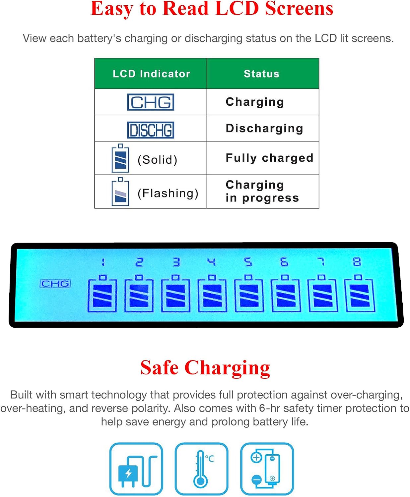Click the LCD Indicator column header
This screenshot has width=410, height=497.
coord(151,74)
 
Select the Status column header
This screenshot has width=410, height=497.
coord(261,74)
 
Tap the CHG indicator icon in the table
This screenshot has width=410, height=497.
coord(150,102)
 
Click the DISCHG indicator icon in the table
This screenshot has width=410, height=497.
coord(150,130)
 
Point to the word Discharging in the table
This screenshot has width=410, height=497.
coord(264,129)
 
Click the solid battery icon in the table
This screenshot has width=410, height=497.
coord(120,158)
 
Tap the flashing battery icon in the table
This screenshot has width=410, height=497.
coord(120,192)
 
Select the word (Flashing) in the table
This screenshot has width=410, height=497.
coord(168,193)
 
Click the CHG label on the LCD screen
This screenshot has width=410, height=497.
coord(55,284)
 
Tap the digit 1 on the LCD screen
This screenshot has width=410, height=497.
coord(103,262)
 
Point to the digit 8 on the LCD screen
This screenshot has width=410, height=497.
coord(357,262)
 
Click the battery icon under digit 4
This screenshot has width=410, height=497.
coord(212,293)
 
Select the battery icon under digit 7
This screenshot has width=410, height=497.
coord(323,293)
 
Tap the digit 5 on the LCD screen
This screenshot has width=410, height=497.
coord(248,262)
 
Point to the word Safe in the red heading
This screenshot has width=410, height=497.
coord(159,368)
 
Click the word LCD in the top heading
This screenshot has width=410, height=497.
coord(237,9)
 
